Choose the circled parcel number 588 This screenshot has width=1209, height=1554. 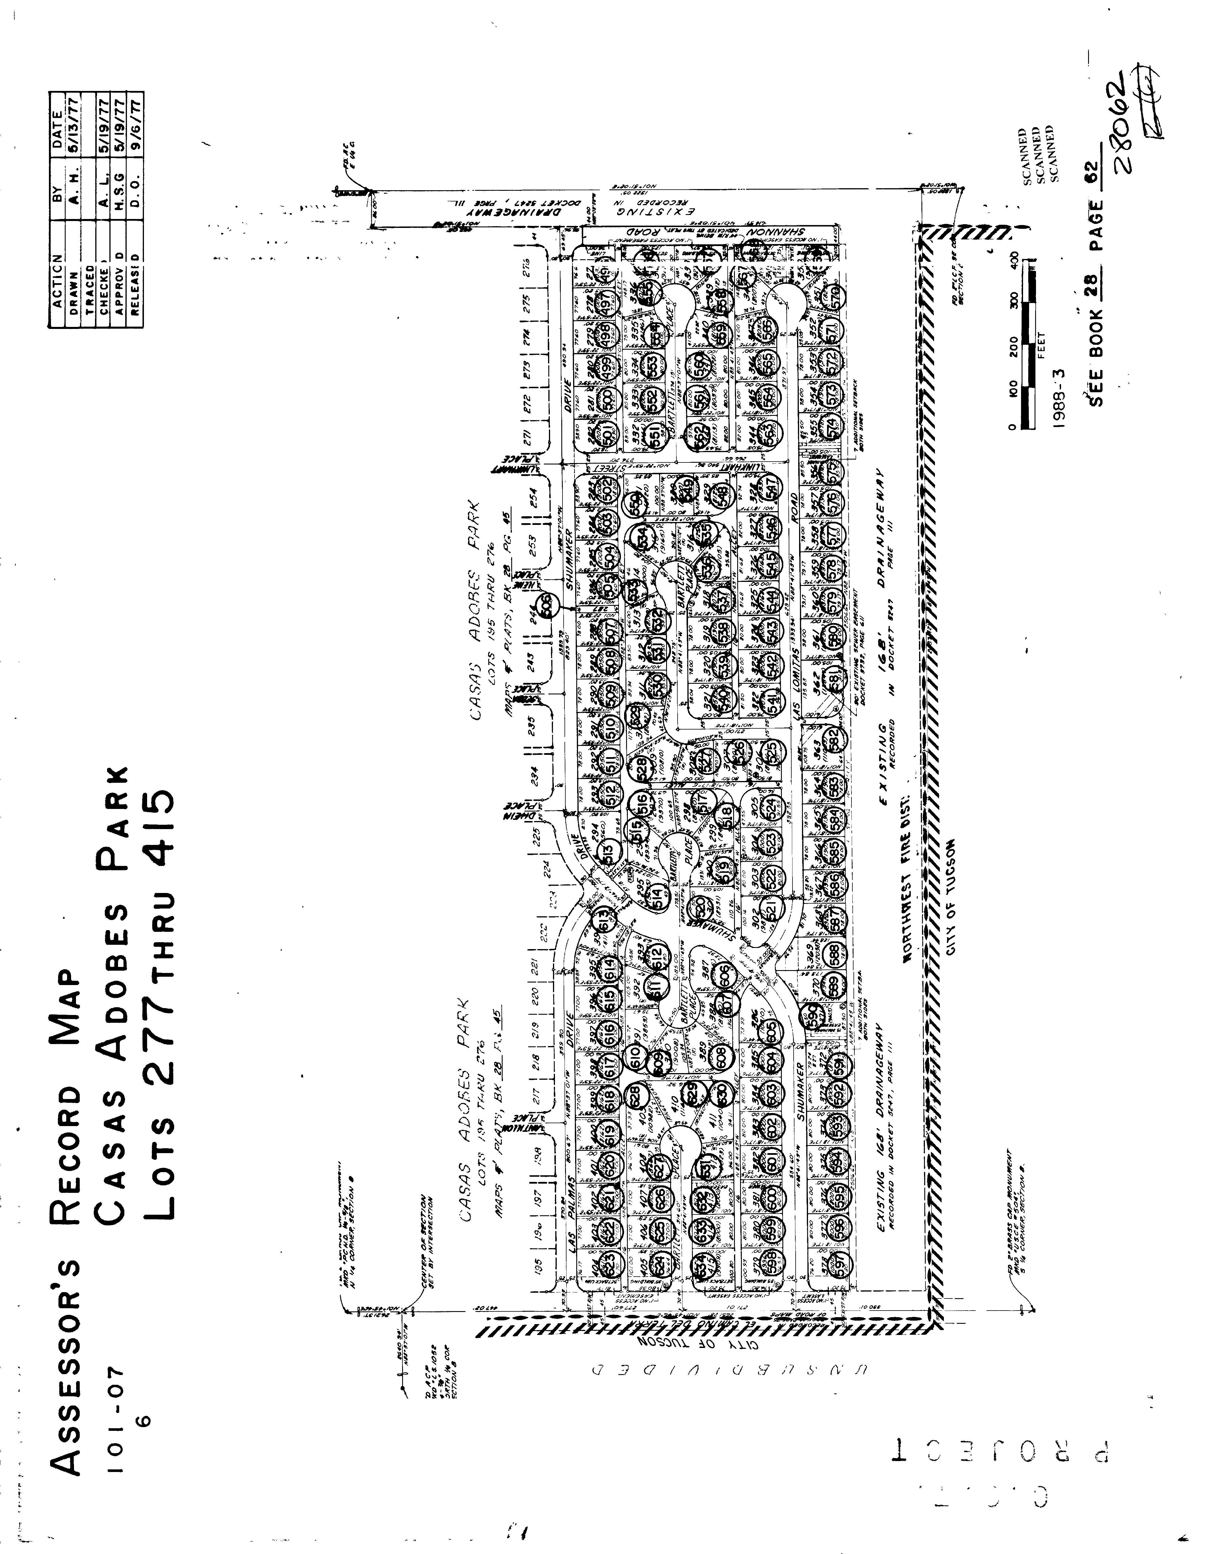(x=834, y=951)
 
